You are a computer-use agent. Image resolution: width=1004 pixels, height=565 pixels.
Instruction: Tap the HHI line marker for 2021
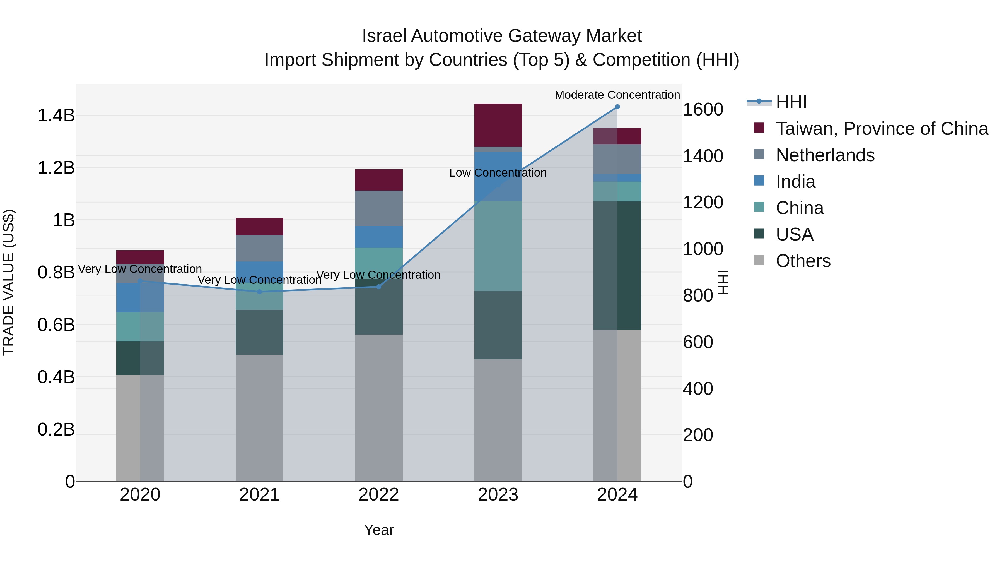260,292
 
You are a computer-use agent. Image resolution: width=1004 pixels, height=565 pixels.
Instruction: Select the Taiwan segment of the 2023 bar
498,125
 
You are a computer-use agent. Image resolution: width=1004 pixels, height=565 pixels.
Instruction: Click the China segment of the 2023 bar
498,246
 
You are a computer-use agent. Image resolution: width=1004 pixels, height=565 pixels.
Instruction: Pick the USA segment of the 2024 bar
617,265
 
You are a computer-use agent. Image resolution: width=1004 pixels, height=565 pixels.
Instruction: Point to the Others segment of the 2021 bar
260,417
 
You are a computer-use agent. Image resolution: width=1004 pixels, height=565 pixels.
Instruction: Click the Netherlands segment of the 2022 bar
378,208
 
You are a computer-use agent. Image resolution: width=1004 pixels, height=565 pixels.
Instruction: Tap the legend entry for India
795,182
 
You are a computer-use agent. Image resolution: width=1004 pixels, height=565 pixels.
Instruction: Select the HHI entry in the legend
791,102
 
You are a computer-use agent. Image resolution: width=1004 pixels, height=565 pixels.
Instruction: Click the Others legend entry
803,261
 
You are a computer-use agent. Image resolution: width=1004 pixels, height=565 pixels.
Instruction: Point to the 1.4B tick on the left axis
56,116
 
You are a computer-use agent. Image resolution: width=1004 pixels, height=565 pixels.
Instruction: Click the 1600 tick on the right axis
703,110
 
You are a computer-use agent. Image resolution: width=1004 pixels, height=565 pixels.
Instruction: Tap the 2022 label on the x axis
378,495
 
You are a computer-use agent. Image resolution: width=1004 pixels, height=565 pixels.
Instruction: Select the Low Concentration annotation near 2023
498,173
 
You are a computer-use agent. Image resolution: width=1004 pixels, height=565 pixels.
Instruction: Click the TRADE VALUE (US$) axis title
9,282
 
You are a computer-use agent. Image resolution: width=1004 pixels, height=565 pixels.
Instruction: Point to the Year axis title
378,530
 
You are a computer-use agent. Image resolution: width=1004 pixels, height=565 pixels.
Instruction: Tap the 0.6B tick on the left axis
56,325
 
